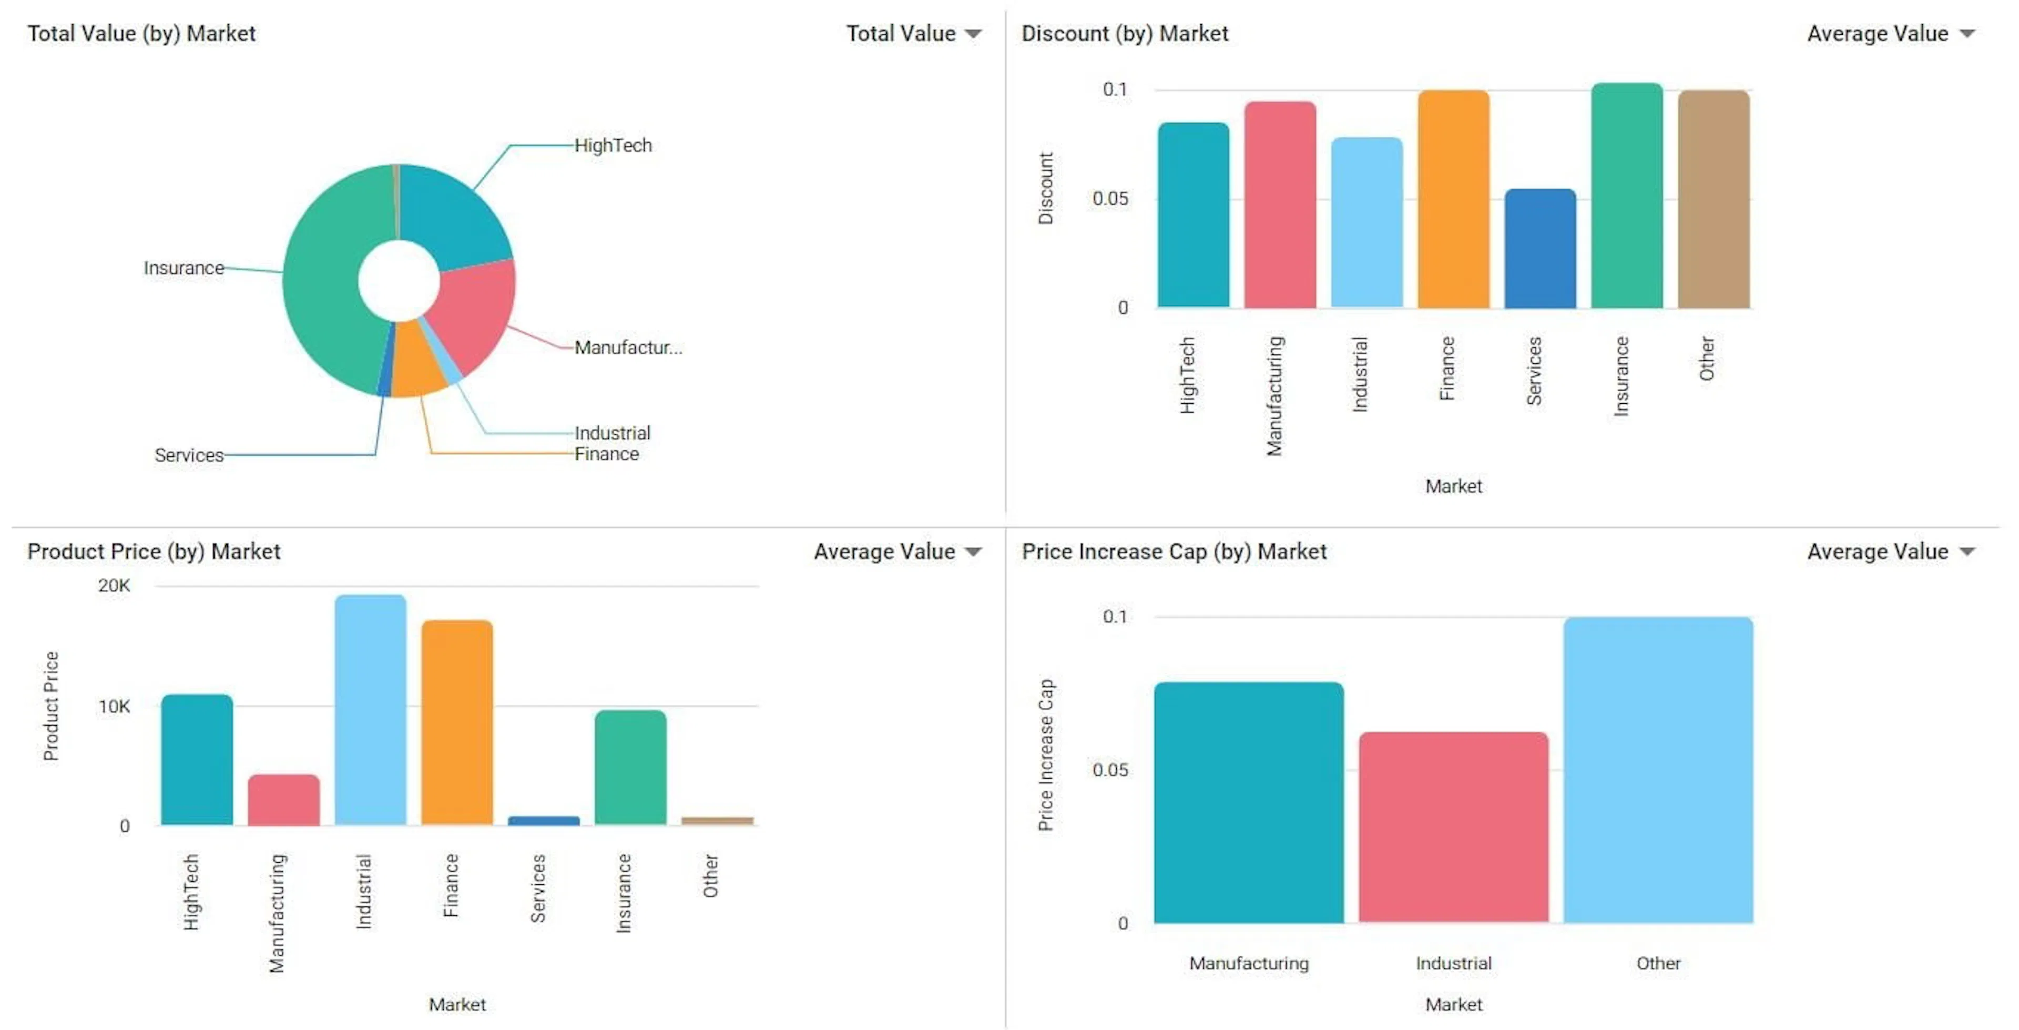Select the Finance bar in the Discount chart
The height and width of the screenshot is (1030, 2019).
[x=1453, y=200]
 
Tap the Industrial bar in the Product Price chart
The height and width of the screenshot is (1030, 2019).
[x=370, y=709]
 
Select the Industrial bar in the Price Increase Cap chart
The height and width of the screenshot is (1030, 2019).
[x=1453, y=827]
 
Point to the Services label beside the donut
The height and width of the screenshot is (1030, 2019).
[x=189, y=455]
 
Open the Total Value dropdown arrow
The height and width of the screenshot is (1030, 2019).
[x=973, y=34]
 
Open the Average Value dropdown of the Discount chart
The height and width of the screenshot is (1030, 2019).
[x=1967, y=34]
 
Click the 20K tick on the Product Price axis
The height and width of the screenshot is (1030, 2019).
[x=115, y=586]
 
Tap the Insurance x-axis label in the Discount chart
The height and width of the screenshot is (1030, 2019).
[x=1621, y=376]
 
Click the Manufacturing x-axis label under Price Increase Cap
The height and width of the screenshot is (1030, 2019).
[x=1249, y=963]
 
